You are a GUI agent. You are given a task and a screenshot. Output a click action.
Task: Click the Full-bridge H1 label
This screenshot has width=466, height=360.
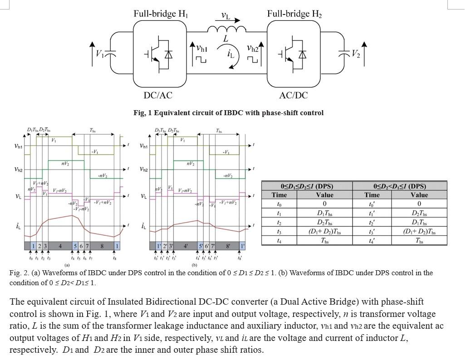click(x=161, y=14)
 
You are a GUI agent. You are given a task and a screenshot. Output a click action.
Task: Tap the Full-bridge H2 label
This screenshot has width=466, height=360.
click(x=294, y=14)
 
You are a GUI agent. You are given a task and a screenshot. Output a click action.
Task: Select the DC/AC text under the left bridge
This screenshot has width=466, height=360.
click(x=158, y=95)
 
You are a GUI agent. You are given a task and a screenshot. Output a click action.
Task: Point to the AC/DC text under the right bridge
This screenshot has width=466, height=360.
click(x=294, y=95)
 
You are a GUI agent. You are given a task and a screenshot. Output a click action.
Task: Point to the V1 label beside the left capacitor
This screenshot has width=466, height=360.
click(x=100, y=54)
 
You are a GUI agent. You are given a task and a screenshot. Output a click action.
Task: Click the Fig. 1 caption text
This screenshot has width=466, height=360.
click(x=228, y=113)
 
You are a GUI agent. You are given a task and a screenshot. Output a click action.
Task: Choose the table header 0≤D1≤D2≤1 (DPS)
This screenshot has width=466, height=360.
click(x=310, y=186)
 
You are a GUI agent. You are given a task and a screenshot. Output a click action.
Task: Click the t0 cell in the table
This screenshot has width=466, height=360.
click(x=279, y=204)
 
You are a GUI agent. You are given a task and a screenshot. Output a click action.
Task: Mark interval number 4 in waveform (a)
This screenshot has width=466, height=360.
click(x=60, y=246)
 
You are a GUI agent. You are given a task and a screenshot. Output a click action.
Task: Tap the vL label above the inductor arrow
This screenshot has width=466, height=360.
click(x=226, y=16)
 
